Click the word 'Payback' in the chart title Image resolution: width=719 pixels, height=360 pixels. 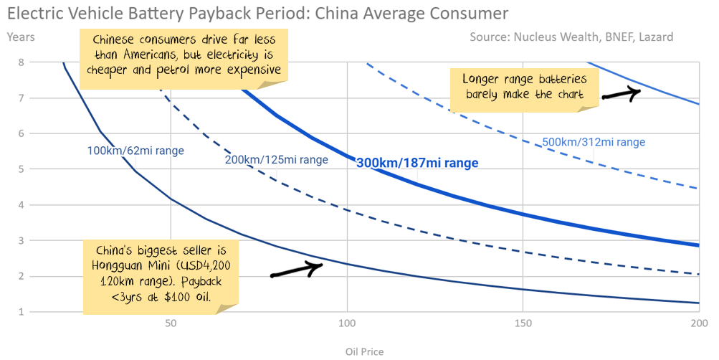[252, 13]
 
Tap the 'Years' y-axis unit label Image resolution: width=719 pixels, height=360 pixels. [21, 36]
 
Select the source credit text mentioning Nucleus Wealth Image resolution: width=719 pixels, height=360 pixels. [571, 37]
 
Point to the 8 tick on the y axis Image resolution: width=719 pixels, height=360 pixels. [22, 62]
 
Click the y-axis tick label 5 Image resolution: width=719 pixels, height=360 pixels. [22, 169]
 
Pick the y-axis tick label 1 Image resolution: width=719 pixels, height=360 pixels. [22, 312]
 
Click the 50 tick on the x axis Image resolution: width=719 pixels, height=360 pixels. [171, 324]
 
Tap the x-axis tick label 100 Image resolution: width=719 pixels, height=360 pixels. [347, 324]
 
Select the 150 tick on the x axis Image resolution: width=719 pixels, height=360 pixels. [523, 324]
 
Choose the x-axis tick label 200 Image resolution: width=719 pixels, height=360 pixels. [699, 324]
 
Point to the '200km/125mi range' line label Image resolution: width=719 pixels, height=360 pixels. [277, 160]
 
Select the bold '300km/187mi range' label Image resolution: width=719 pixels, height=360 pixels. [416, 164]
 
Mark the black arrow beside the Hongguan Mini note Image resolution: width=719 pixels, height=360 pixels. [296, 270]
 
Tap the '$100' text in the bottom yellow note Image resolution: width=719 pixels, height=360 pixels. [176, 296]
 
